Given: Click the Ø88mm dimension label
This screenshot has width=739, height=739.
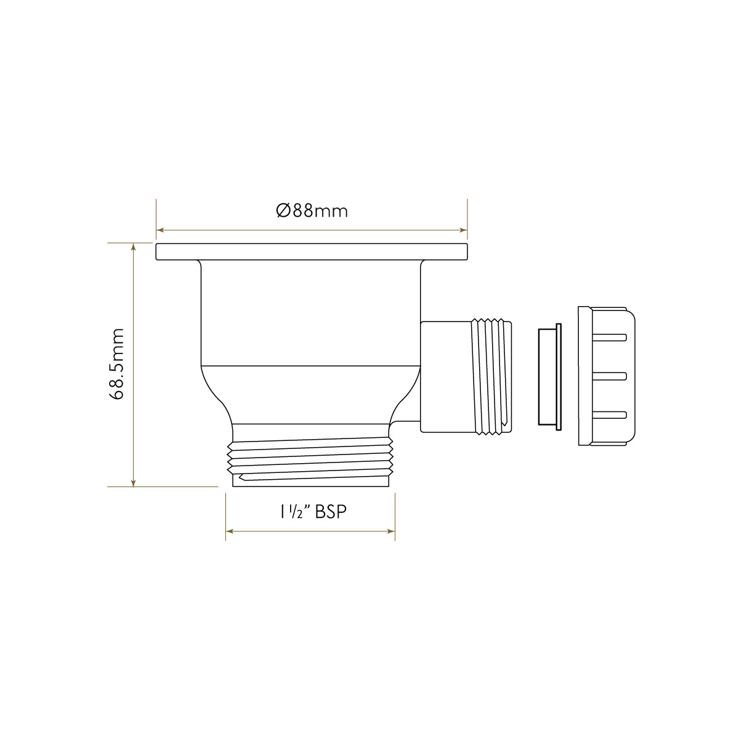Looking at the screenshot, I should coord(312,211).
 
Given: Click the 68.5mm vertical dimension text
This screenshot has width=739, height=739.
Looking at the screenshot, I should coord(116,365).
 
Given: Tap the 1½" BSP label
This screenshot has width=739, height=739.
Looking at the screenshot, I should coord(310,512).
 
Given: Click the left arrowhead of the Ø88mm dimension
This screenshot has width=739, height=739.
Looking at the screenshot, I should coord(160,230).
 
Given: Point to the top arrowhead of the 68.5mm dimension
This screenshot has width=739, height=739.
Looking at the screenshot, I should coord(133,246).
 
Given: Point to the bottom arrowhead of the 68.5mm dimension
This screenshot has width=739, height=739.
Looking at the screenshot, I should coord(133,483).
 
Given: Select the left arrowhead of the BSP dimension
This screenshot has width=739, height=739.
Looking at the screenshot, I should coord(230,531).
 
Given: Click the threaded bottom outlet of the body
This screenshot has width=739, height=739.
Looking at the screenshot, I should coord(311,462).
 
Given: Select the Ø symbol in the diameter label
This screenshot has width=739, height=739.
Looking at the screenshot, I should coord(283,211).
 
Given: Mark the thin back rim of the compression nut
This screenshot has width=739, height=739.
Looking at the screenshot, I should coord(583,376).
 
